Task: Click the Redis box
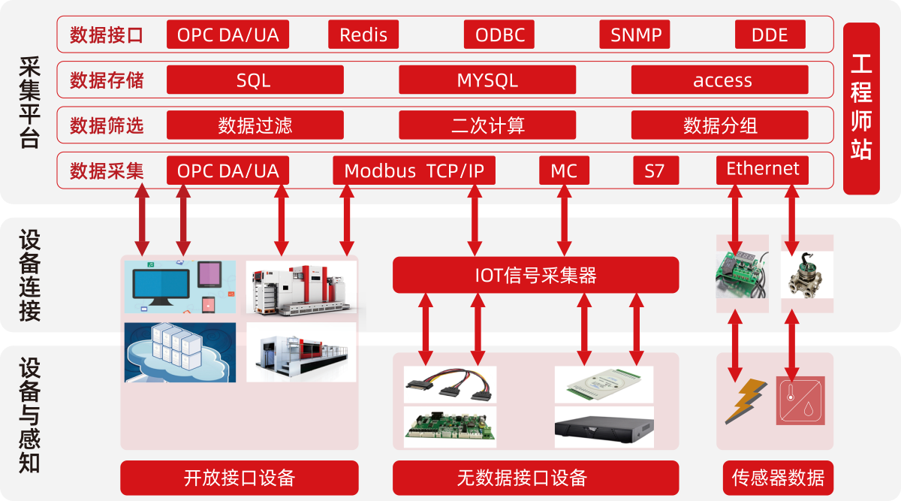coord(363,35)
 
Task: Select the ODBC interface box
coord(499,35)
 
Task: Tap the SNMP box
coord(634,35)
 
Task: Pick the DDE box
coord(770,35)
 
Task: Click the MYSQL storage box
coord(487,80)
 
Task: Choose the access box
coord(720,80)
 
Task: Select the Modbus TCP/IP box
coord(414,171)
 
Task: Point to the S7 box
coord(656,171)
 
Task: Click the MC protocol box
coord(565,171)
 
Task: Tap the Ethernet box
coord(763,170)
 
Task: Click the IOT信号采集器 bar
coord(536,275)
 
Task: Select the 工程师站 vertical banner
coord(862,109)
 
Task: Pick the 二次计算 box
coord(487,125)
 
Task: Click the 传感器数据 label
coord(779,478)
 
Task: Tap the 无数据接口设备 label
coord(536,478)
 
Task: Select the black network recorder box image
coord(604,427)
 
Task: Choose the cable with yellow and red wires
coord(449,385)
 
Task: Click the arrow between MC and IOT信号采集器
coord(565,221)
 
